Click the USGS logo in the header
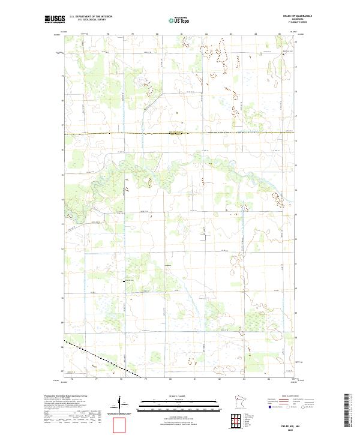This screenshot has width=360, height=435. click(55, 19)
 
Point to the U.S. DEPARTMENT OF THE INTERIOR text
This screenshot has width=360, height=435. click(91, 17)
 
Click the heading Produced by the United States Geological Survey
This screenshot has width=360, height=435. click(65, 397)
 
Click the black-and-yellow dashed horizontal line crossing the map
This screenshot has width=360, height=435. click(180, 133)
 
